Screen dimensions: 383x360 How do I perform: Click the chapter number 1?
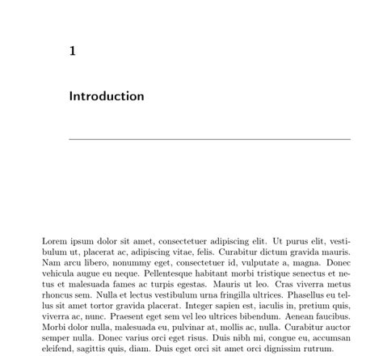[x=73, y=51]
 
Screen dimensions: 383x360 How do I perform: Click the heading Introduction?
[x=107, y=96]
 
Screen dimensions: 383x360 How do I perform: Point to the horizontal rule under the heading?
[x=210, y=139]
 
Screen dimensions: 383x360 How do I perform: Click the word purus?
[x=304, y=241]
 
